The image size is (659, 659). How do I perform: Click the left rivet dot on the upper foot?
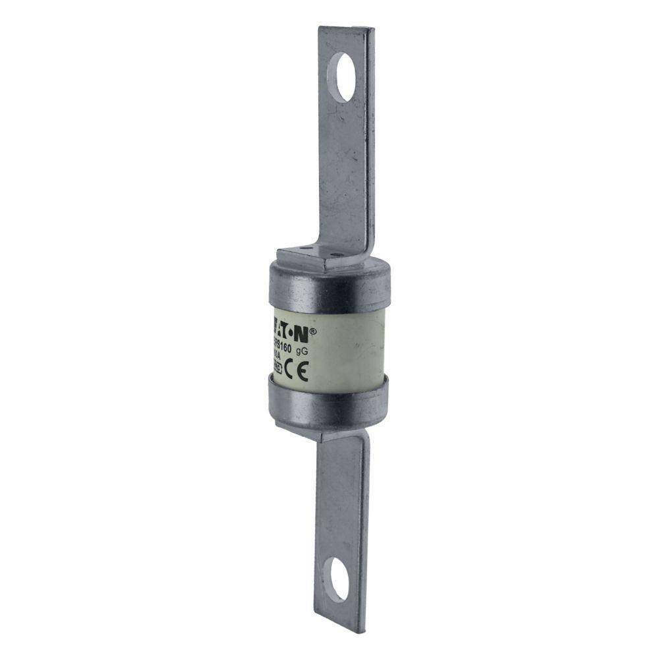coord(302,248)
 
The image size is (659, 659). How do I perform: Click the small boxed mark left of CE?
coord(277,373)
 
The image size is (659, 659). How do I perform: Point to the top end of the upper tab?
coord(347,30)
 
